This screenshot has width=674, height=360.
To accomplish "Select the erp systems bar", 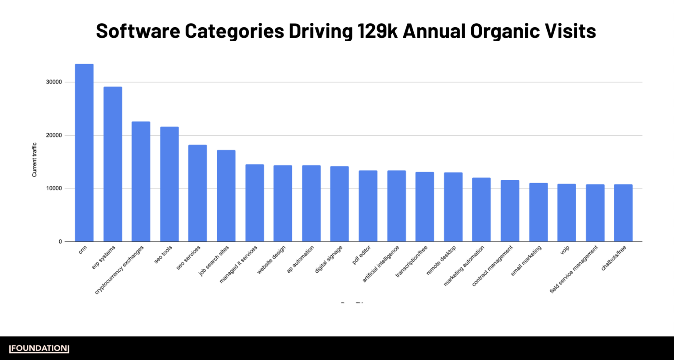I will click(x=113, y=164).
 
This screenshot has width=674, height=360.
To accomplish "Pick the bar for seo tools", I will click(x=169, y=184).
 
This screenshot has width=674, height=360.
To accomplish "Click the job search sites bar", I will click(x=226, y=196).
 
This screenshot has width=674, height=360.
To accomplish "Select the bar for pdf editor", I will click(x=368, y=206).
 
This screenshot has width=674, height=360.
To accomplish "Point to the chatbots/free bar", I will click(x=623, y=213).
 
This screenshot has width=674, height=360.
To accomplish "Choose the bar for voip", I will click(x=566, y=212).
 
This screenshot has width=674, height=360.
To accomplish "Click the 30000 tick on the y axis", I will click(x=54, y=82).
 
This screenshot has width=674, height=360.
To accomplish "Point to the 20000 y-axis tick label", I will click(x=54, y=135).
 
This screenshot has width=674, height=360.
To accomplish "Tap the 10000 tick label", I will click(x=54, y=188).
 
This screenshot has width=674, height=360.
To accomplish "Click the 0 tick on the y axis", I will click(x=60, y=241).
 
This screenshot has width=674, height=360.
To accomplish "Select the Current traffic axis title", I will click(x=34, y=160).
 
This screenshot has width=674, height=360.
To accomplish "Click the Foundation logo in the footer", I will click(x=39, y=349).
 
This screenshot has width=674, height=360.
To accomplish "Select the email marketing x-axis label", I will click(x=526, y=261).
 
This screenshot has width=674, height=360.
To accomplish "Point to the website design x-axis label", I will click(x=271, y=260).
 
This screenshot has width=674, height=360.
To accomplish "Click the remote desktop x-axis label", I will click(x=441, y=260).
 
